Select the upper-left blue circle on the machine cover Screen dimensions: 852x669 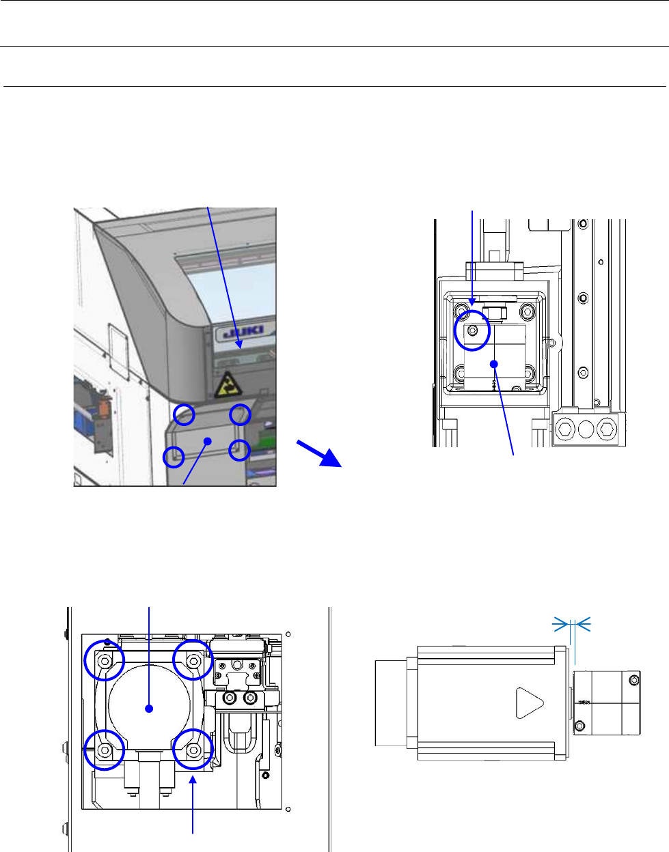(184, 414)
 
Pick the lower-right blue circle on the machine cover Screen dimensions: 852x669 (239, 449)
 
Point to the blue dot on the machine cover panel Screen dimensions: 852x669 (207, 440)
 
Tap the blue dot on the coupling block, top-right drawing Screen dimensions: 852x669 (493, 364)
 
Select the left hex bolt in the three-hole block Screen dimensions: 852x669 (566, 429)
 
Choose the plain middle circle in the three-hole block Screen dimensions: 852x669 (586, 429)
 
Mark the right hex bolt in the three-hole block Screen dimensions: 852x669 (605, 429)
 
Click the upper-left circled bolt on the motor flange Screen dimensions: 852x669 (105, 661)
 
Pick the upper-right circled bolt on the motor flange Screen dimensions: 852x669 (193, 661)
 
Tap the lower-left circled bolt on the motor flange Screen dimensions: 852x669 (105, 750)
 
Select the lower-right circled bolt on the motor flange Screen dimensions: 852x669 (193, 750)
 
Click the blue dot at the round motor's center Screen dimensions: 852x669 (149, 709)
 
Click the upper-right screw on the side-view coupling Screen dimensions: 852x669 (634, 680)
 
